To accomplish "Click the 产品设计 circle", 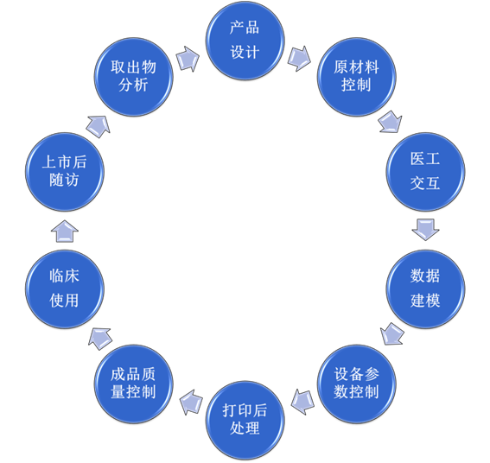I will click(x=245, y=41).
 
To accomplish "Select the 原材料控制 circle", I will click(x=357, y=76).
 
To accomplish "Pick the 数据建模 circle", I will click(x=425, y=289).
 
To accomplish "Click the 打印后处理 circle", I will click(x=245, y=419).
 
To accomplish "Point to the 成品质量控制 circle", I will click(x=134, y=384).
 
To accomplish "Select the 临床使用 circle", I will click(x=65, y=289).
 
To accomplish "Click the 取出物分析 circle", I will click(x=134, y=76).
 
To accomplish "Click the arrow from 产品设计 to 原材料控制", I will click(x=299, y=58).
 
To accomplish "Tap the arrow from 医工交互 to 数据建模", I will click(x=425, y=229).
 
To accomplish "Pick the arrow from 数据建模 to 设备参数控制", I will click(x=392, y=333).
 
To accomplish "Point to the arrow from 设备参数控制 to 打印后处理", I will click(x=302, y=400).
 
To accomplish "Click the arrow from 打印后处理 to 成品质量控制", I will click(x=188, y=400).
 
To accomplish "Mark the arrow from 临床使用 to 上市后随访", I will click(x=65, y=230).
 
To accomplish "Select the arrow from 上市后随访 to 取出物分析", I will click(x=98, y=125).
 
